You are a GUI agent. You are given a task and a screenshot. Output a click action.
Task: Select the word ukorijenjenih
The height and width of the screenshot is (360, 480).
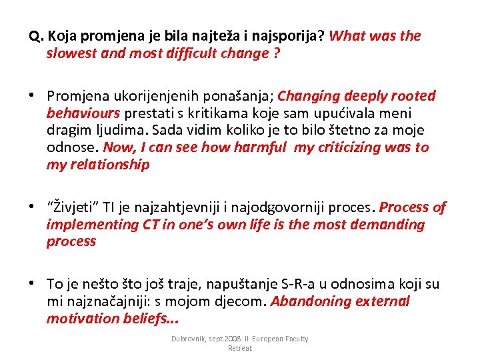click(151, 96)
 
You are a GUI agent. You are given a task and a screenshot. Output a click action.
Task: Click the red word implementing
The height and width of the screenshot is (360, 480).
click(91, 225)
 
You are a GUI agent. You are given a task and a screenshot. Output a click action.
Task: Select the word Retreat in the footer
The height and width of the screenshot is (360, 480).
click(240, 348)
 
